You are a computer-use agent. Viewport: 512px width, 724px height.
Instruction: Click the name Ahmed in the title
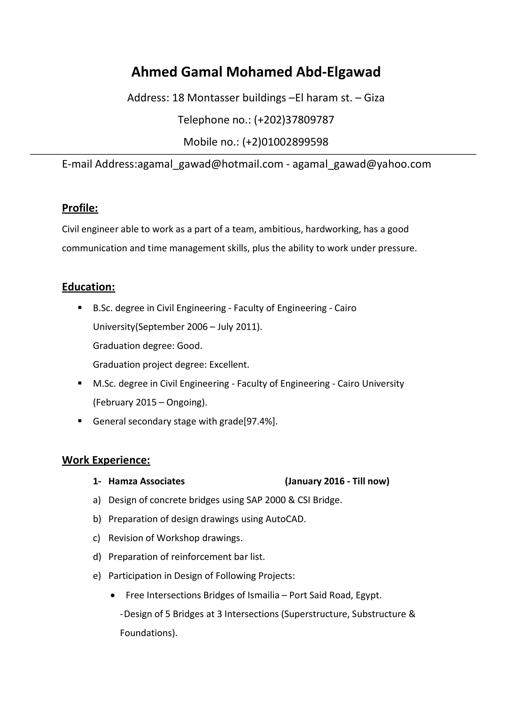154,72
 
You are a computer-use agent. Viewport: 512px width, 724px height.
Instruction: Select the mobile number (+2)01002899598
285,142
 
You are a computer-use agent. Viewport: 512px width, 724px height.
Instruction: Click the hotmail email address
210,164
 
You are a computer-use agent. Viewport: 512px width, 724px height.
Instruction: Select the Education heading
88,287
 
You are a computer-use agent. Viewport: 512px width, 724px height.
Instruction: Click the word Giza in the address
374,98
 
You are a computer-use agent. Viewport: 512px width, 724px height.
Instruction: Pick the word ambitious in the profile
277,229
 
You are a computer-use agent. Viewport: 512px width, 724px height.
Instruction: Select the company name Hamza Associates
146,481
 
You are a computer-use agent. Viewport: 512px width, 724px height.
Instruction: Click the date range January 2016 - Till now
337,481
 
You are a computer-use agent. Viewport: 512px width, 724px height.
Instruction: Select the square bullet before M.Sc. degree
80,383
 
